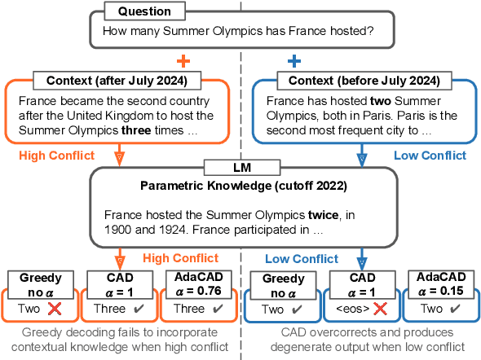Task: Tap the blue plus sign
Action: click(293, 61)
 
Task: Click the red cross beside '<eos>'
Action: click(379, 310)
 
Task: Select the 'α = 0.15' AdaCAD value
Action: click(440, 291)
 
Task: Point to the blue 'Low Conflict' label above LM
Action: click(430, 155)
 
